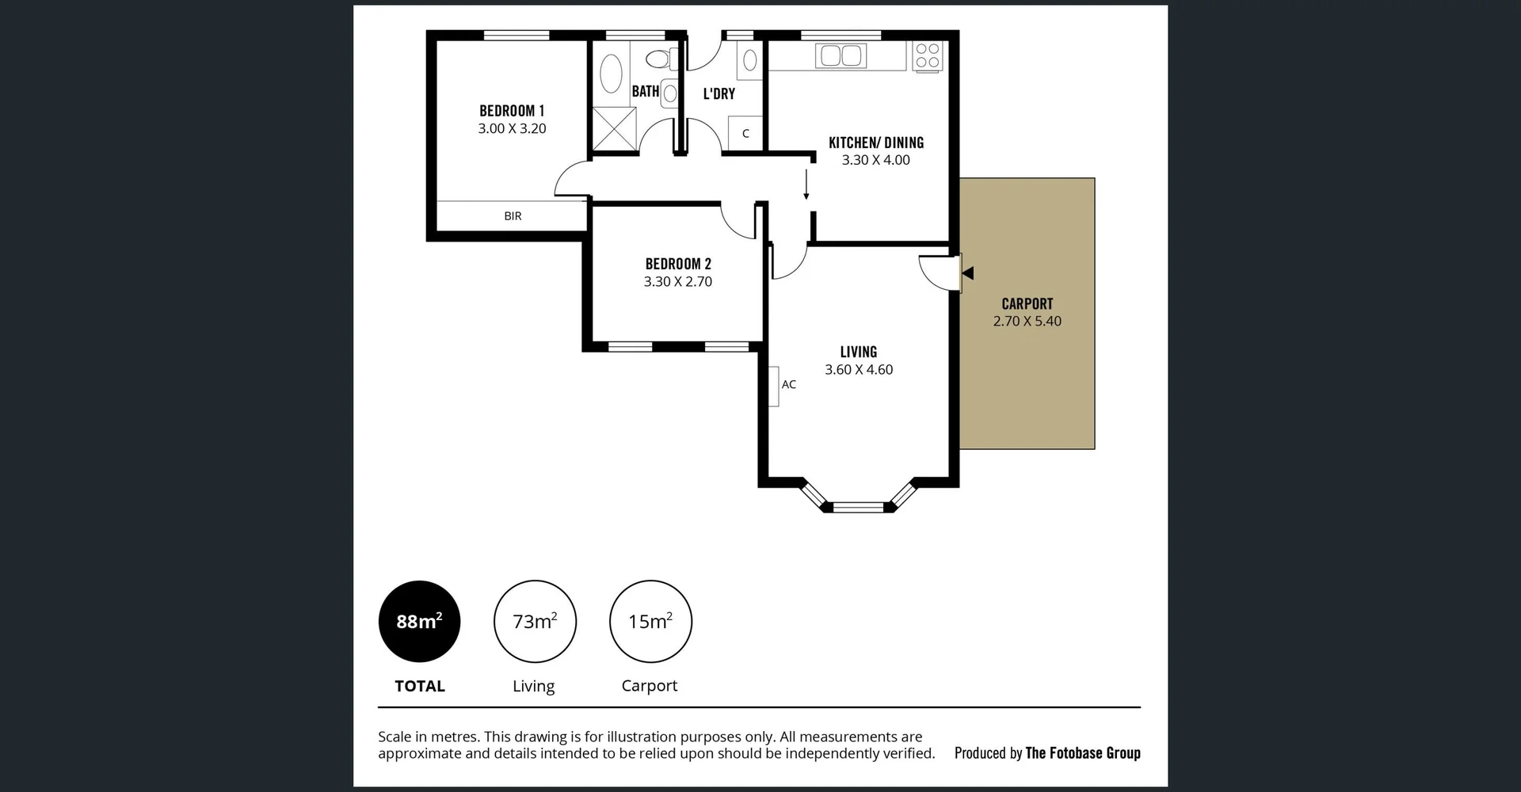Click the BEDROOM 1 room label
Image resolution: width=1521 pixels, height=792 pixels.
[x=512, y=111]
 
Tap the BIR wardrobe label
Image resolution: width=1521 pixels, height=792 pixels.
[x=513, y=215]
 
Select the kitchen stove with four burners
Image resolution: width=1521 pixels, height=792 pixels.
[x=927, y=56]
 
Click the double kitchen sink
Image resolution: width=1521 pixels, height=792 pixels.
[x=841, y=55]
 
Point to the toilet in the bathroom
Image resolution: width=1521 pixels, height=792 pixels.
[x=659, y=59]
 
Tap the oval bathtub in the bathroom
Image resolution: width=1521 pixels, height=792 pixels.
[x=611, y=74]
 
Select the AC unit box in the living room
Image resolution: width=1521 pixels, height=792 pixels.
[x=773, y=386]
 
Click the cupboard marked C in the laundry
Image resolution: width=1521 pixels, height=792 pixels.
[x=745, y=134]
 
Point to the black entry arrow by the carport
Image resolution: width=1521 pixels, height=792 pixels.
[x=967, y=273]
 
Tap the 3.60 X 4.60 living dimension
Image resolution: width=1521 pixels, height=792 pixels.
[x=859, y=370]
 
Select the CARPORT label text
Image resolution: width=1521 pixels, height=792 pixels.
[x=1027, y=304]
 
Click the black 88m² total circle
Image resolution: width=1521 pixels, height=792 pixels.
[x=419, y=622]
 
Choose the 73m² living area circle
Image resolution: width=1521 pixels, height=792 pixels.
[x=535, y=622]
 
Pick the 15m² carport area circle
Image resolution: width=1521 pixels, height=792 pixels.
[x=650, y=622]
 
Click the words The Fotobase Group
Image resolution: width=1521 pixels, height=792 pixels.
[x=1082, y=753]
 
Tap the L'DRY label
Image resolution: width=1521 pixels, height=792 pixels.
[x=719, y=93]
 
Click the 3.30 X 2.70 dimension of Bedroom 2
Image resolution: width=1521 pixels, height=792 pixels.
[x=677, y=282]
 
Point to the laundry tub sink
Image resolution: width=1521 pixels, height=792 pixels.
[x=749, y=60]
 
